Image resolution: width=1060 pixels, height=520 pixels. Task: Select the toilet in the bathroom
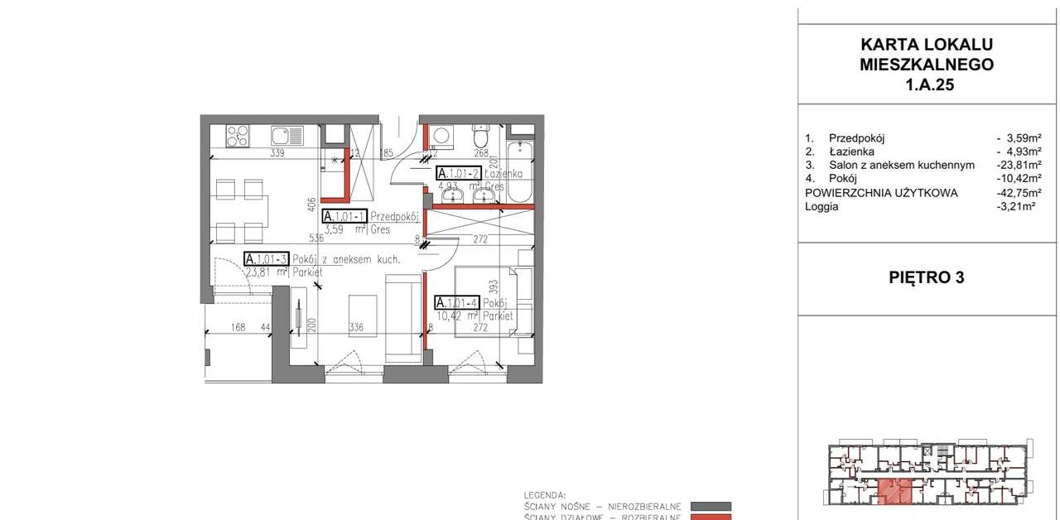coord(481,134)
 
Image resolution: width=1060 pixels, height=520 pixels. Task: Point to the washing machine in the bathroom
coord(440,135)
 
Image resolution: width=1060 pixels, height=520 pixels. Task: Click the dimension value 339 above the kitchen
coord(277,153)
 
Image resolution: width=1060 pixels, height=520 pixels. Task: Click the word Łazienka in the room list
coord(851,152)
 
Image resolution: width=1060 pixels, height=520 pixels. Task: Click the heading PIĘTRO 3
coord(926,278)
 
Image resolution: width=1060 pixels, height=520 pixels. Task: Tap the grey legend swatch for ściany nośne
coord(711,506)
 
